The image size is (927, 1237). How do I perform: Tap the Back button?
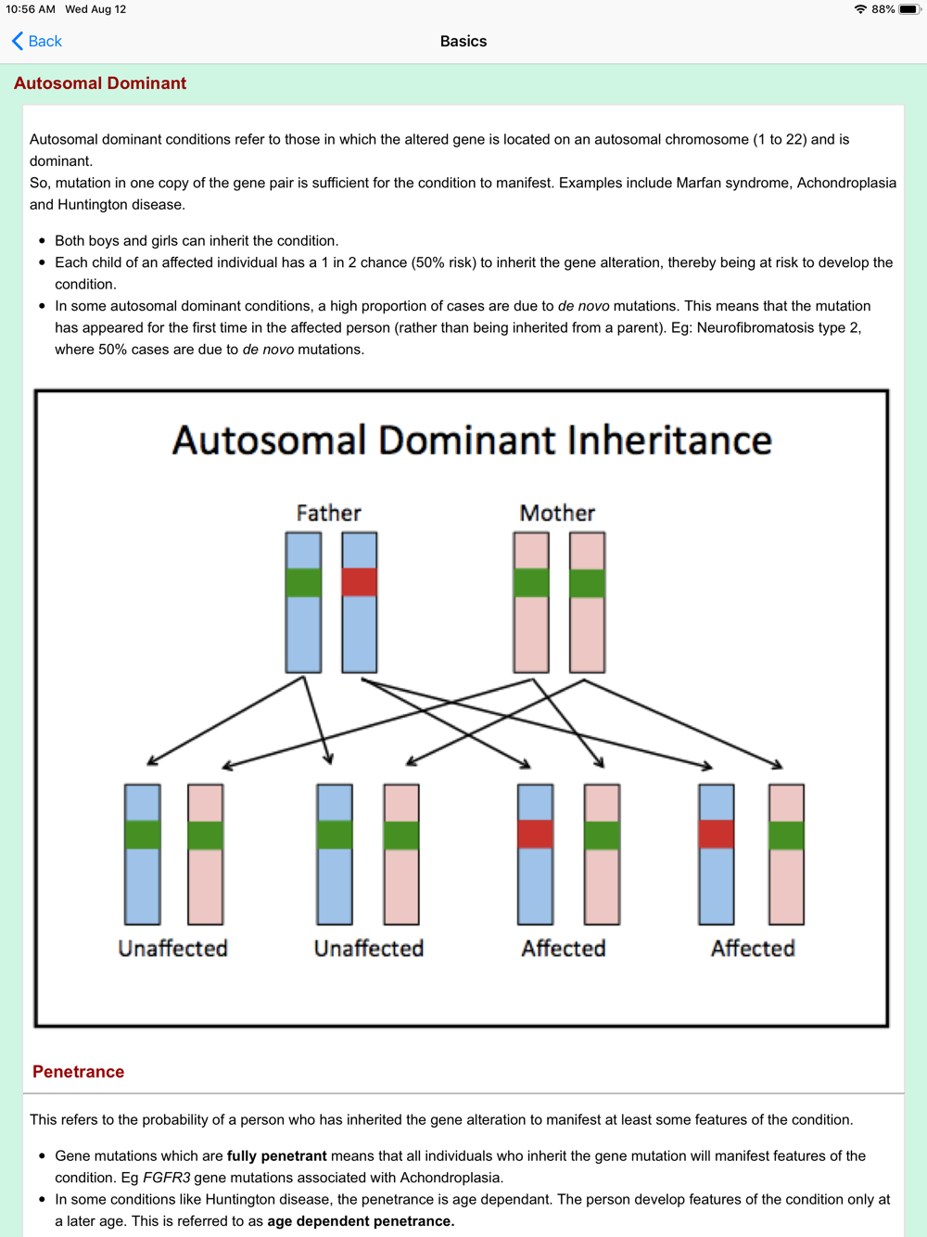[x=36, y=41]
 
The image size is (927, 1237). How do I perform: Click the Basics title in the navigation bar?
[x=463, y=41]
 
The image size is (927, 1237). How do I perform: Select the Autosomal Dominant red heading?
[x=100, y=83]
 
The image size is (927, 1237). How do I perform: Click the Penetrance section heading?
[x=78, y=1071]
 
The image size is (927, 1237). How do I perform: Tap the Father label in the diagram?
[x=329, y=513]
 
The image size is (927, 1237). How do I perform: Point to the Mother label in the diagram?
[x=557, y=513]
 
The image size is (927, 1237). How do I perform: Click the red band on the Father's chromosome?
[x=360, y=582]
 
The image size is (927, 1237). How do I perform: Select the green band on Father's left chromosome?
[x=303, y=582]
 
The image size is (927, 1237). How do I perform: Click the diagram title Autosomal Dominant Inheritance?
[x=472, y=440]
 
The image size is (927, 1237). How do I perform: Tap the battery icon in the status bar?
[x=910, y=9]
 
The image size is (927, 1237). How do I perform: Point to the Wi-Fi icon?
[x=860, y=9]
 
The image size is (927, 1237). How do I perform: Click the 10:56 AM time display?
[x=31, y=9]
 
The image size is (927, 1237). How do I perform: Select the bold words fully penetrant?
[x=276, y=1155]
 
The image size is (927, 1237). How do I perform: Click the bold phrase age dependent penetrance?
[x=361, y=1221]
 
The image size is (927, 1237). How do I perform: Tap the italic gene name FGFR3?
[x=167, y=1178]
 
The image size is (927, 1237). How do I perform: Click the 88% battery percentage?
[x=883, y=9]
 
